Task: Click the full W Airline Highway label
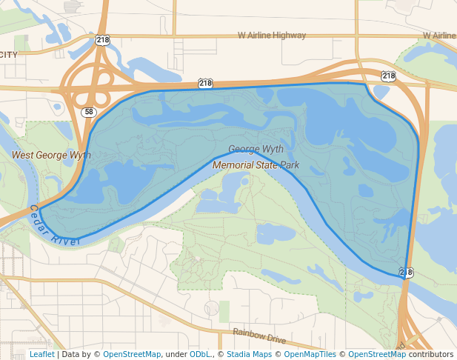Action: (271, 35)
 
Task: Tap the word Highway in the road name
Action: (288, 35)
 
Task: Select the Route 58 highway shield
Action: (88, 112)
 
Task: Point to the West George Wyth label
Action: (51, 156)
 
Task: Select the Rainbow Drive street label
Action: (258, 336)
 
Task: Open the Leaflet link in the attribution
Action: (42, 355)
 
